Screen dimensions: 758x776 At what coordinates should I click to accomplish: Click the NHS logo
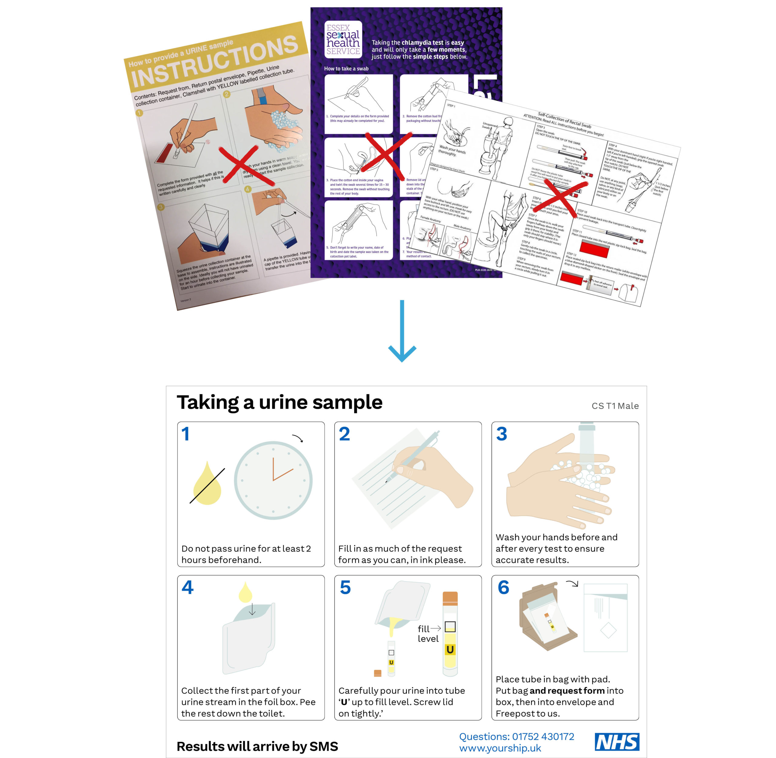(617, 742)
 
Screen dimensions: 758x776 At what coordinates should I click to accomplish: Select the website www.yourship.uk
(500, 748)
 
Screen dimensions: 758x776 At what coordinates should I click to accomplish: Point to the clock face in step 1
(273, 480)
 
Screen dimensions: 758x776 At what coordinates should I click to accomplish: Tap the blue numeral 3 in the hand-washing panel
(501, 434)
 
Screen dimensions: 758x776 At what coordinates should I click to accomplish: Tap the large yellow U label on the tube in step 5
(450, 650)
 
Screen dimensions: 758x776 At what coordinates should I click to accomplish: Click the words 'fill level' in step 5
(428, 633)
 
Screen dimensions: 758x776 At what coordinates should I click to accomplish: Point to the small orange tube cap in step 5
(378, 673)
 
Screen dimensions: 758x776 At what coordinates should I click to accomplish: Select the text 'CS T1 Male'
(615, 406)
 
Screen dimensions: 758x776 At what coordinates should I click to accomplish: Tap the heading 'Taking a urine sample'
(279, 402)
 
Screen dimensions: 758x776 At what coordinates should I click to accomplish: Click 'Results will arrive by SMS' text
(257, 746)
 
